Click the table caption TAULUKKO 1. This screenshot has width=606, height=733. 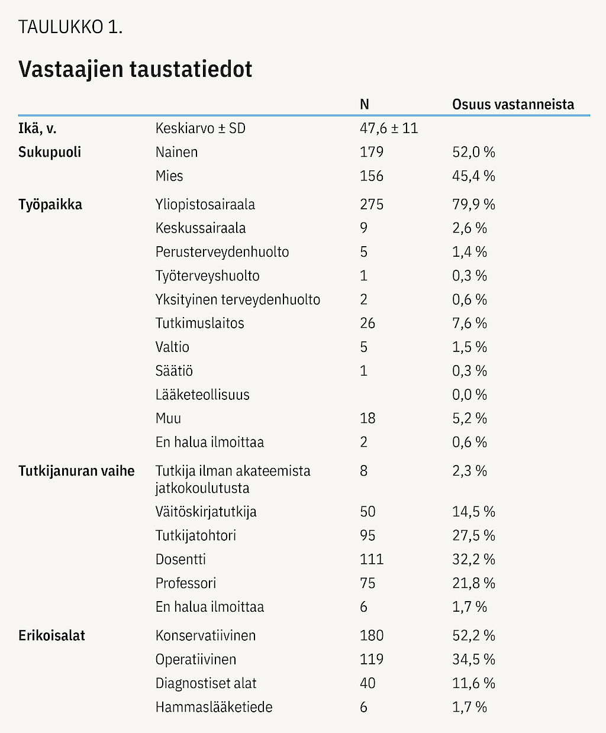point(70,27)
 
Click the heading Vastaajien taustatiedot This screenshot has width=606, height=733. point(135,69)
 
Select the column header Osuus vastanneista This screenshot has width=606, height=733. point(513,104)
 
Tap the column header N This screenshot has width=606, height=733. point(365,104)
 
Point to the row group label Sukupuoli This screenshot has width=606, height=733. point(50,153)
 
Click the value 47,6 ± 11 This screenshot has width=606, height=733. point(389,128)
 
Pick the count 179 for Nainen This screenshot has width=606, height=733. point(372,153)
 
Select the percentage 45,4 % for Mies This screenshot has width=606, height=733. point(473,176)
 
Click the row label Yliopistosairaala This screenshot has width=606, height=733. point(205,205)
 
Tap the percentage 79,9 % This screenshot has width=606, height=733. point(473,204)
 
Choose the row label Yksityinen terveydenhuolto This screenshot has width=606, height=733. point(238,300)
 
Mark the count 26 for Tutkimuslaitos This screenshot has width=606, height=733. point(368,323)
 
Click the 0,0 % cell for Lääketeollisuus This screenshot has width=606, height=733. point(469,395)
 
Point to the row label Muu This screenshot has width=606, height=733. point(168,418)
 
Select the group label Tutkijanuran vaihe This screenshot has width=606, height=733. point(76,471)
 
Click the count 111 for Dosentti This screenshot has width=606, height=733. point(372,559)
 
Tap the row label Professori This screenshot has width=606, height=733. point(185,583)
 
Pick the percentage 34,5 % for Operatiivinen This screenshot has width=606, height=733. point(473,659)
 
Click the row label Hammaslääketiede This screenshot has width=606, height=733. point(214,707)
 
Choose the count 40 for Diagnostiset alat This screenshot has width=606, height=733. point(368,683)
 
